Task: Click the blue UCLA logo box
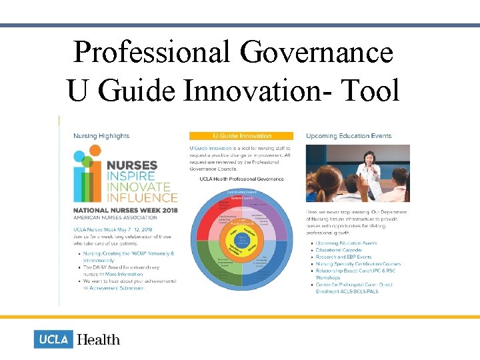(x=53, y=339)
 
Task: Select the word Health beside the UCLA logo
(x=98, y=339)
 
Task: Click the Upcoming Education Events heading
(x=348, y=136)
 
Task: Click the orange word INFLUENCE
(x=141, y=197)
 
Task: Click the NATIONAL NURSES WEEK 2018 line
(x=125, y=210)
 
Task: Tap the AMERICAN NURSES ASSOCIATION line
(x=116, y=217)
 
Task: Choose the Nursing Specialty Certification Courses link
(x=359, y=264)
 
